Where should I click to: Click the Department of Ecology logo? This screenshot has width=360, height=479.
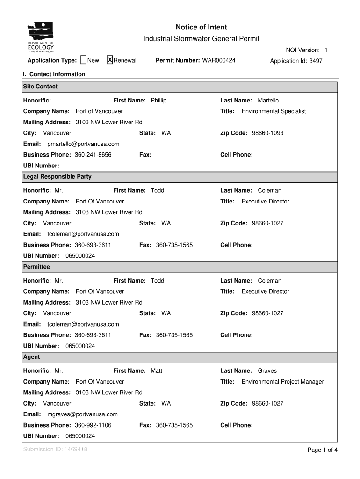point(41,38)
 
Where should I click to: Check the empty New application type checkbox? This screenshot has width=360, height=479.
point(84,60)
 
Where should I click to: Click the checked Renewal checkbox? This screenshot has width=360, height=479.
point(110,60)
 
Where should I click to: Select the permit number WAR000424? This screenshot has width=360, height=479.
point(218,60)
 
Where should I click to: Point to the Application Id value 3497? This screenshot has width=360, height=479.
point(316,61)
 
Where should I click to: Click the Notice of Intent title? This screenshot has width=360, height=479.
point(201,28)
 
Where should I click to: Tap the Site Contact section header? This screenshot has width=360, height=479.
point(41,87)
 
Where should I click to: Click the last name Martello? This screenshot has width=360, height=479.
point(268,101)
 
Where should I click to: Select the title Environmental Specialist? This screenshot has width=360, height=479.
point(274,111)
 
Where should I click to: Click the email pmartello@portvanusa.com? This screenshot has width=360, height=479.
point(83,144)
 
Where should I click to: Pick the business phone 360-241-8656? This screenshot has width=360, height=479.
point(93,155)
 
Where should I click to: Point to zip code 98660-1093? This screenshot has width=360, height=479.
point(267,133)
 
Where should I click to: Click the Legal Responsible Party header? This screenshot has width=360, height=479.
point(58,177)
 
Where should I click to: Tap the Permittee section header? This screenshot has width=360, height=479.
point(36,267)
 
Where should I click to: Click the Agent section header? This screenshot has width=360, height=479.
point(32,357)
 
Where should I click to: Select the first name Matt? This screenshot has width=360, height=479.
point(157,371)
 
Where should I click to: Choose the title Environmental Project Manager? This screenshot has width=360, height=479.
point(282,382)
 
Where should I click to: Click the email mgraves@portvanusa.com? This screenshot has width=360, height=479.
point(82,414)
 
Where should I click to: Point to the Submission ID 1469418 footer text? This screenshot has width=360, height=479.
point(55,450)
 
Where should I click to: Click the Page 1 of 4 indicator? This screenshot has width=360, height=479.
point(322,450)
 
